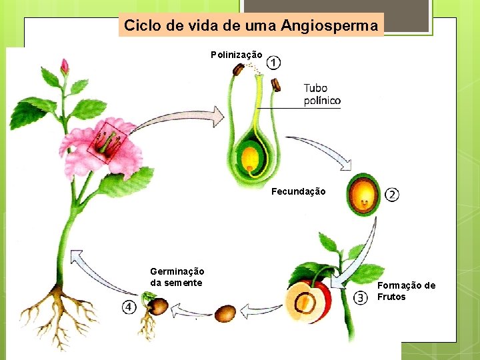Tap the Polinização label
[237, 55]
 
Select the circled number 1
[273, 63]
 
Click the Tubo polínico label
[321, 94]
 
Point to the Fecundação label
[299, 192]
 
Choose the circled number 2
[393, 195]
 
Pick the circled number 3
[361, 298]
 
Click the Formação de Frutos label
[406, 291]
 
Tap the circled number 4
[128, 307]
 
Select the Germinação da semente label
[177, 277]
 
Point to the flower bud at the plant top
[65, 66]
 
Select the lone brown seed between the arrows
[225, 313]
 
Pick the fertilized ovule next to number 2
[363, 193]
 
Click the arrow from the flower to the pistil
[180, 121]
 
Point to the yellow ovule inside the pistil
[250, 159]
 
